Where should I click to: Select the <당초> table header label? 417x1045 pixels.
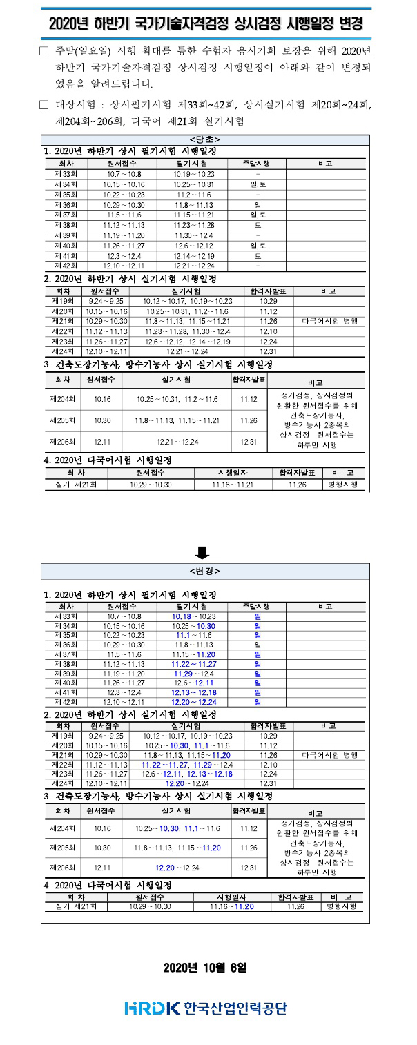(x=205, y=140)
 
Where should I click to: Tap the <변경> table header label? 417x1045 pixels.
(x=205, y=571)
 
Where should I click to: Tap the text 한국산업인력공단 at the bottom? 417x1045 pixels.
(x=235, y=1008)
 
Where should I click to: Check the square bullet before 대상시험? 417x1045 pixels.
(x=44, y=106)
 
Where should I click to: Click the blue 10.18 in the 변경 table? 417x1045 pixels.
(x=181, y=616)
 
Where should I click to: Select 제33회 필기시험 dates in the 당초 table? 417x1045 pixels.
(x=194, y=175)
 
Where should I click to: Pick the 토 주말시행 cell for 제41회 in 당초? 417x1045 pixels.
(x=257, y=255)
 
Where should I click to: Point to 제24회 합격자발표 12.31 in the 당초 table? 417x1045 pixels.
(x=269, y=351)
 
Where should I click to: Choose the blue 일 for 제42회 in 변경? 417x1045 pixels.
(x=257, y=702)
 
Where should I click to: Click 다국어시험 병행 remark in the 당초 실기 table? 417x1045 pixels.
(x=329, y=321)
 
